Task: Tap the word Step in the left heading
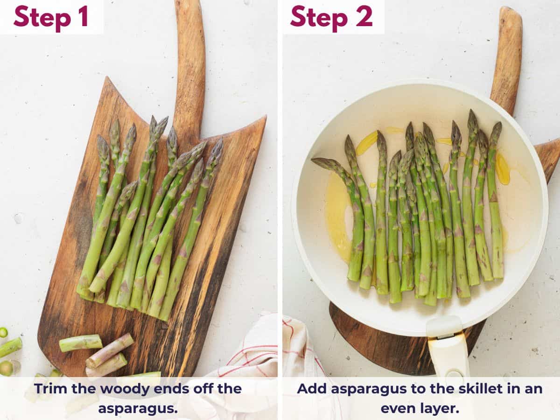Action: (x=39, y=17)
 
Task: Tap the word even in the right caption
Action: (x=400, y=408)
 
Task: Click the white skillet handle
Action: (x=448, y=350)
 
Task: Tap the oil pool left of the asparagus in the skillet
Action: (x=337, y=215)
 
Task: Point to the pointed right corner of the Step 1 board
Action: (x=265, y=117)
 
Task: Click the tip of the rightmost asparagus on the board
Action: (x=218, y=142)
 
